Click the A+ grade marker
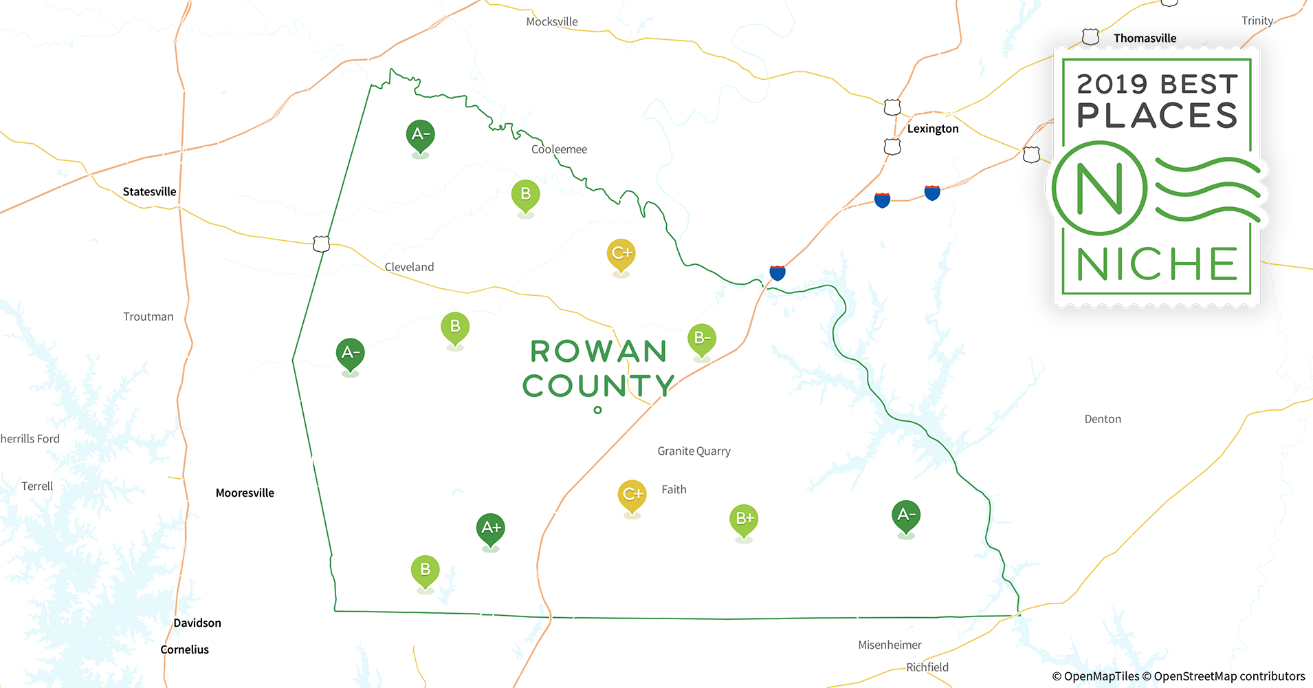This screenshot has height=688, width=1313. coord(490,528)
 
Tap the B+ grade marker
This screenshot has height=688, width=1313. coord(744,519)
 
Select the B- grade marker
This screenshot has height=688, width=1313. coord(701,338)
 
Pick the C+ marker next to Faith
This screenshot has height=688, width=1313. coord(632,495)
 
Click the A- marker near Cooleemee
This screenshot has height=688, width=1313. coord(420,135)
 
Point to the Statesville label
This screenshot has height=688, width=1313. coord(149,192)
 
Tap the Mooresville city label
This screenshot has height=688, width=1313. coord(245,493)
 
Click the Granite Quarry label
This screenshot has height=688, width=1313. coord(694,451)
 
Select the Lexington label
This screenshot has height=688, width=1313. coord(932,129)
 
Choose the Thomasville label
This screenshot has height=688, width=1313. coord(1145,39)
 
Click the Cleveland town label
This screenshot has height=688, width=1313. coord(409,267)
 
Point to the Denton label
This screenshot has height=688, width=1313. coord(1102,419)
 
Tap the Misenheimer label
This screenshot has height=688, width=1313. coord(890,645)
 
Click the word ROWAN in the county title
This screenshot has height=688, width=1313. coord(599,352)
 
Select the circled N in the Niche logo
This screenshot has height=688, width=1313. coord(1099,189)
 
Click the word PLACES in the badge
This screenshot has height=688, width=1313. coord(1157,116)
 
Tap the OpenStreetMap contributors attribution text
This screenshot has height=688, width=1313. coord(1228,676)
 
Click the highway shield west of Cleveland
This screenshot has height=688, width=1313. coord(321,244)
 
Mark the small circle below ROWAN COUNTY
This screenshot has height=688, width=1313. coord(597,410)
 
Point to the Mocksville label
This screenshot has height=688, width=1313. coord(551,22)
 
